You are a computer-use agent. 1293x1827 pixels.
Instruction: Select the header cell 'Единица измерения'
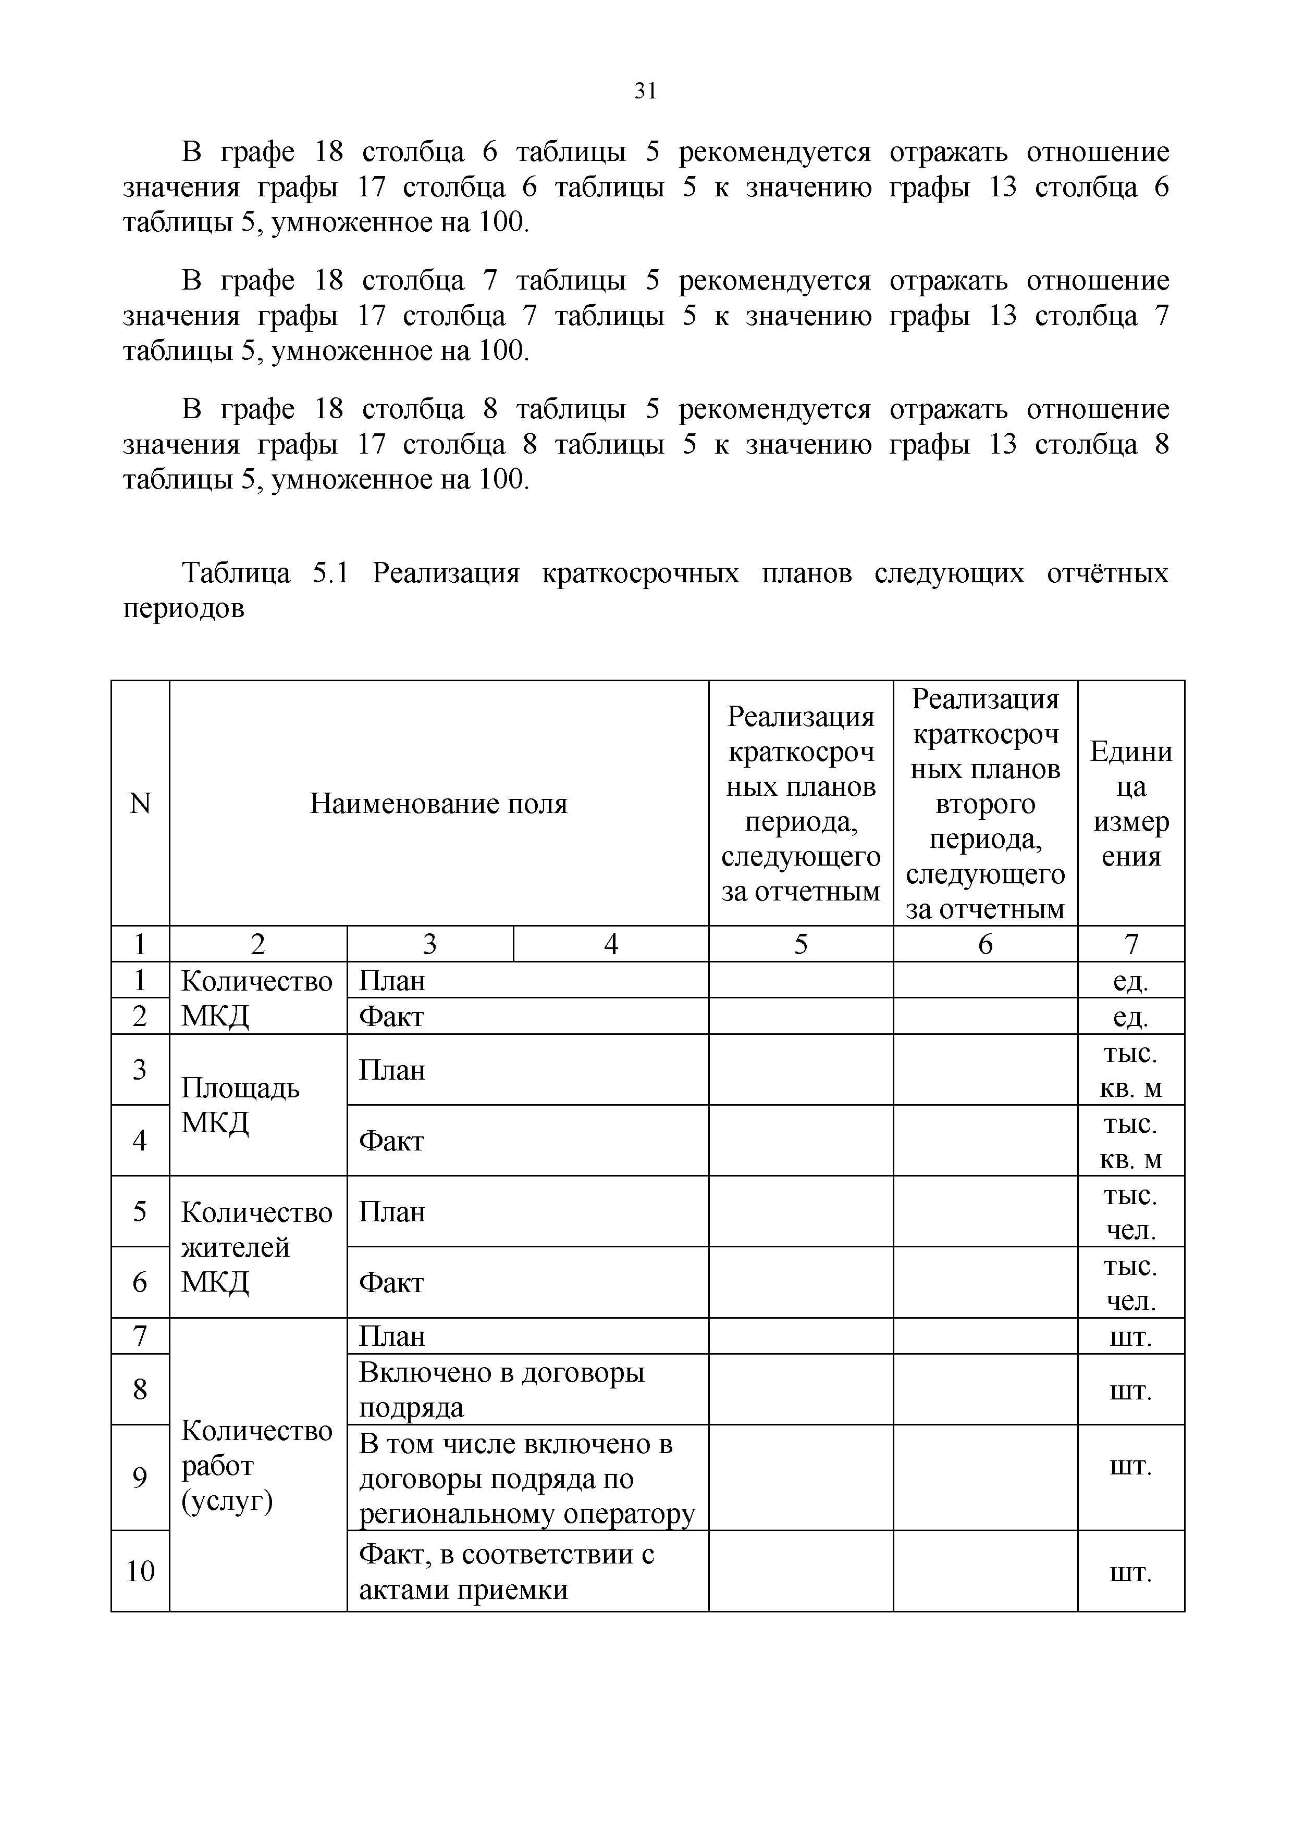[1130, 804]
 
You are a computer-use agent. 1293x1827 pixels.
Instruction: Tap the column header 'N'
[140, 804]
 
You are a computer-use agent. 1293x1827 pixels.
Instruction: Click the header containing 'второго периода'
[985, 804]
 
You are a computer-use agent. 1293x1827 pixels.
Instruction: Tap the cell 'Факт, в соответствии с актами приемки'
[507, 1572]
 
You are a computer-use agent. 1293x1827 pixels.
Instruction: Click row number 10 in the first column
[140, 1572]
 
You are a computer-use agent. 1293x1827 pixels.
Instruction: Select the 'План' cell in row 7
[392, 1336]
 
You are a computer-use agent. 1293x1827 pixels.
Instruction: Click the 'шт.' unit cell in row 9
[1130, 1465]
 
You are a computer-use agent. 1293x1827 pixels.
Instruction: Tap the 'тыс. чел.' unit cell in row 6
[1130, 1283]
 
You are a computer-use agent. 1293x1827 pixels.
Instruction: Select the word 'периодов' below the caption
[183, 609]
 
